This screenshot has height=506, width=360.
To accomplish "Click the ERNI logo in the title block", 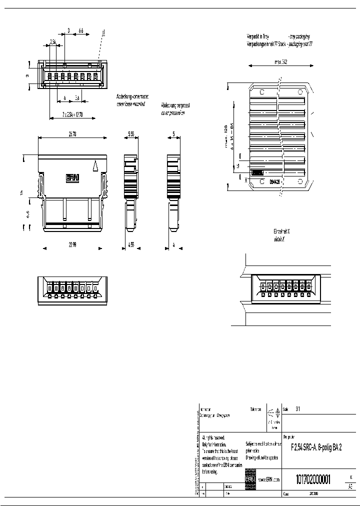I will [250, 478].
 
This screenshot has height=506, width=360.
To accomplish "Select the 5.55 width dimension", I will [131, 134].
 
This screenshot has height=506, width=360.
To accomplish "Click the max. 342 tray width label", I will [281, 62].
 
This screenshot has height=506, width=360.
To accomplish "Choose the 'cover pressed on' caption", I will [173, 113].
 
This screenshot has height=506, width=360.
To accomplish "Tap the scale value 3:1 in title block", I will [298, 408].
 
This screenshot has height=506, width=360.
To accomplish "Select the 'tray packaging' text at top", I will [299, 37].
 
